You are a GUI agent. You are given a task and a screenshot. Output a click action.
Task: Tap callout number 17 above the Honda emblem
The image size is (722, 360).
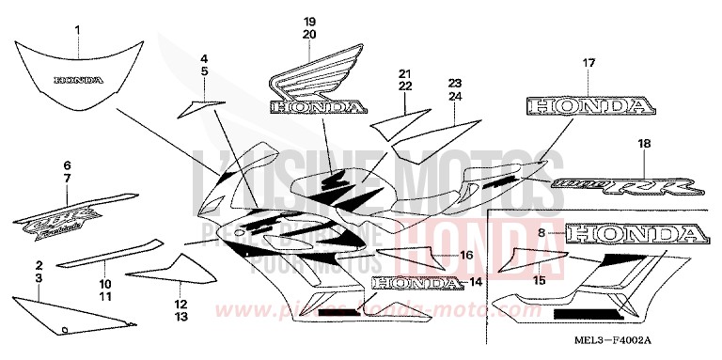(x=589, y=63)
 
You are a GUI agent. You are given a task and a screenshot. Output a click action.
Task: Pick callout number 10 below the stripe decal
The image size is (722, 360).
(x=104, y=282)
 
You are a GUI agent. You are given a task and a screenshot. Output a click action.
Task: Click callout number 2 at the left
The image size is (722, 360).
(x=39, y=266)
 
